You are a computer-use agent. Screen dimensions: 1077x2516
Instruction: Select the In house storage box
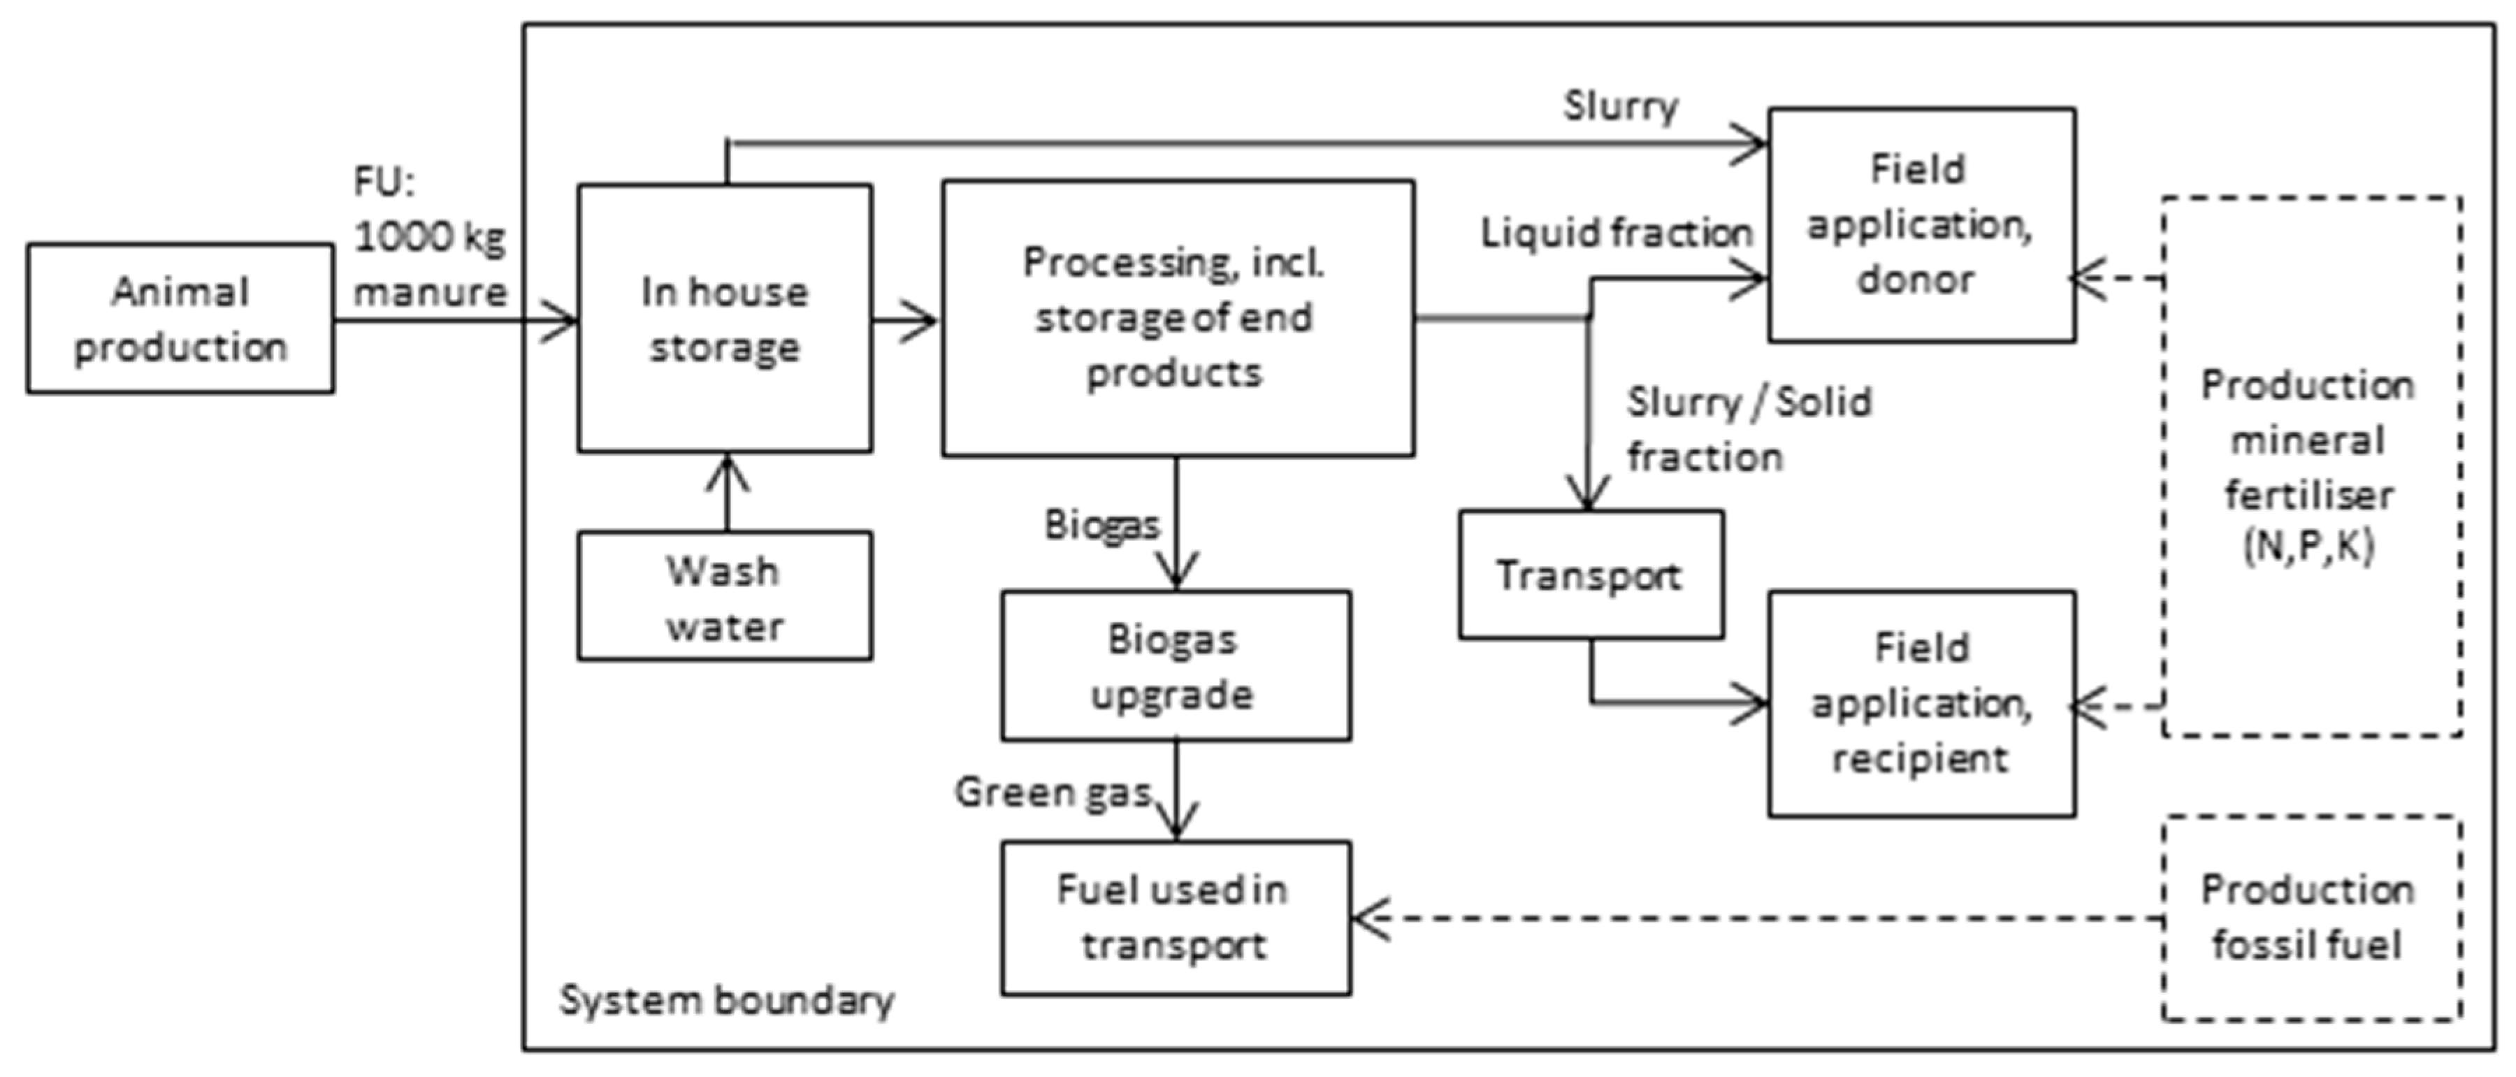725,318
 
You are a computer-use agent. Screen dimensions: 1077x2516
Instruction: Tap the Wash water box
725,597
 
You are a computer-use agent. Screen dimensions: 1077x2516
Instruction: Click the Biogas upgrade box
1176,666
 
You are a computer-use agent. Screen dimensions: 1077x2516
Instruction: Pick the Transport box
1590,575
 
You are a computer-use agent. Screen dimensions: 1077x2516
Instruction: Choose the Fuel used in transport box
1176,918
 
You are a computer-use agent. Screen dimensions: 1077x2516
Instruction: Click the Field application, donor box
1921,224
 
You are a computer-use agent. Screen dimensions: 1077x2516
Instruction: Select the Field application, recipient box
1921,703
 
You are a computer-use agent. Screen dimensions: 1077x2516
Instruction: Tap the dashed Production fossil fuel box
2311,918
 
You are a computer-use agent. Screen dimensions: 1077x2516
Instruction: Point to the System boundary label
725,1001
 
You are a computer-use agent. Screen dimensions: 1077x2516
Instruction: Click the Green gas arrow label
1054,792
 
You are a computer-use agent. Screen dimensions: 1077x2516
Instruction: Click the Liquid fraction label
1617,233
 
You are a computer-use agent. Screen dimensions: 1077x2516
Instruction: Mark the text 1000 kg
430,237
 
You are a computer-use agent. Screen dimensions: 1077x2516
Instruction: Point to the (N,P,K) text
2309,546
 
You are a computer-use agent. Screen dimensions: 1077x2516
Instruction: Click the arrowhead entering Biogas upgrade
1176,574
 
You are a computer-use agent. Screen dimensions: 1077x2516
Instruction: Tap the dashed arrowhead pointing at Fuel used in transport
1368,918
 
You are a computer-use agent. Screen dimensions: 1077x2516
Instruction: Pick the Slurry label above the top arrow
1620,106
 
